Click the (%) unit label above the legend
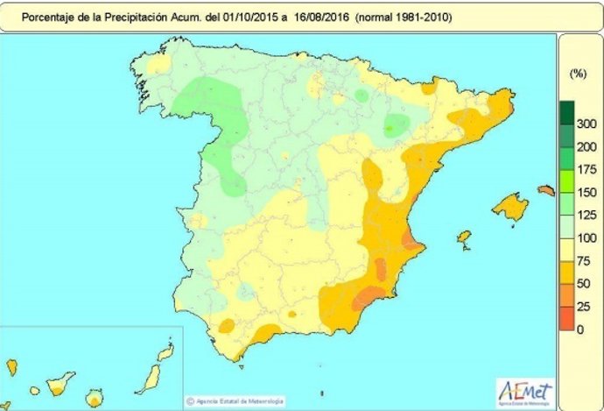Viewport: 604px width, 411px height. coord(577,74)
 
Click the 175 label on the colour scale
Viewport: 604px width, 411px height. coord(587,169)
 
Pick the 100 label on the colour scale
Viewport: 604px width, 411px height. coord(587,237)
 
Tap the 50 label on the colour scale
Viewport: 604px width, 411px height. coord(587,283)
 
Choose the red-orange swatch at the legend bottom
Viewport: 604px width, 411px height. coord(567,317)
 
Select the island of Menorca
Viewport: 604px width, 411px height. coord(546,190)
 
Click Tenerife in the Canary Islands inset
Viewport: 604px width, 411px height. coord(60,383)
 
